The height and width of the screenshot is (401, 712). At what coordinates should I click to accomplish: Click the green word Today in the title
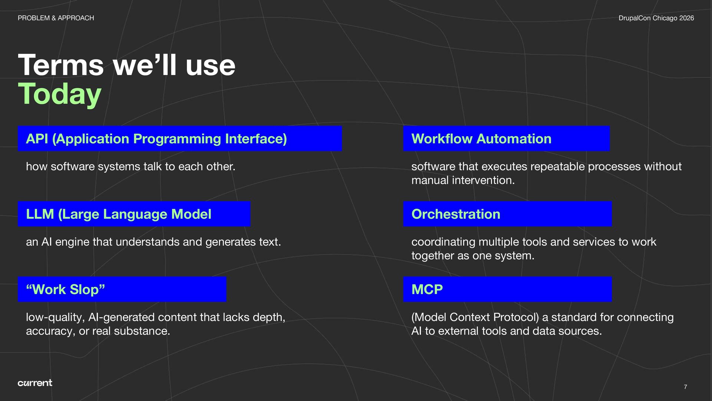click(x=59, y=94)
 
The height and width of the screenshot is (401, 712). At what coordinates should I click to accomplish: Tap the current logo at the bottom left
click(x=35, y=383)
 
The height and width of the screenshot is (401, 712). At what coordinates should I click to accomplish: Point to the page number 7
click(x=685, y=387)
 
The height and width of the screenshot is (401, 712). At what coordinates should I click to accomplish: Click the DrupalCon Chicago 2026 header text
click(x=656, y=18)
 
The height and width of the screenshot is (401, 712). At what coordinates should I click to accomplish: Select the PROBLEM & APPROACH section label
click(x=56, y=18)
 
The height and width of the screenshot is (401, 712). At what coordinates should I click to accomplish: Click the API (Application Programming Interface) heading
click(x=156, y=139)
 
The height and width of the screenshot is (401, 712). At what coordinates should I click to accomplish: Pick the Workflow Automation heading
click(x=481, y=139)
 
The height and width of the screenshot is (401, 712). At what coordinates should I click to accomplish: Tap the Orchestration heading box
click(x=507, y=214)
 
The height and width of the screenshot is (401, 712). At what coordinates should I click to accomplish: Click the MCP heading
click(x=427, y=289)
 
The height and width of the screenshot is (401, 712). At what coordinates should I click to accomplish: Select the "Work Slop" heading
click(x=66, y=289)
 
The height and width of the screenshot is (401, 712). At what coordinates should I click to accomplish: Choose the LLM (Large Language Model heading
click(x=119, y=214)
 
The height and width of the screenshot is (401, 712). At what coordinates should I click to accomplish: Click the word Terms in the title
click(x=61, y=65)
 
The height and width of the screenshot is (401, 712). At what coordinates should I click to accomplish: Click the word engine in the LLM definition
click(x=72, y=242)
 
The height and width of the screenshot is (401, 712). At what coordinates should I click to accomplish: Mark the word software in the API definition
click(x=73, y=167)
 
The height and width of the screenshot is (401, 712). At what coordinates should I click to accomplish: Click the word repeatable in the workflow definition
click(x=557, y=167)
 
